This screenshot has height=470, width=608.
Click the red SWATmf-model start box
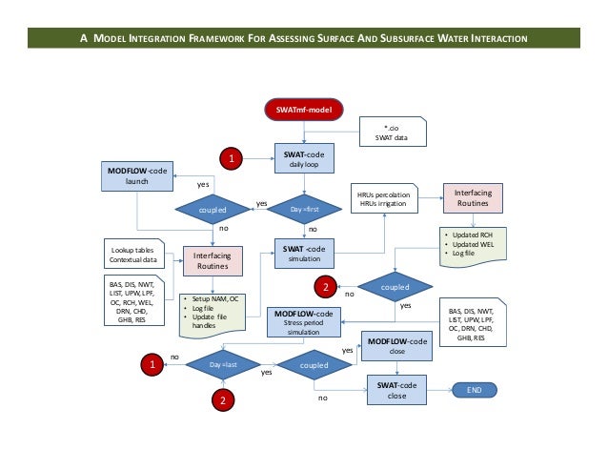pyautogui.click(x=303, y=111)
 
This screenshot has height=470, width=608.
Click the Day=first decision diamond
pyautogui.click(x=304, y=205)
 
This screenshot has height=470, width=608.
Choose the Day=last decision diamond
pyautogui.click(x=221, y=363)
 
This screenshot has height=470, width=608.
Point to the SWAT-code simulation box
pyautogui.click(x=304, y=255)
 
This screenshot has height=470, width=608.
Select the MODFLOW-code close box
pyautogui.click(x=395, y=346)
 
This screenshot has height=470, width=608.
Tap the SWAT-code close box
pyautogui.click(x=395, y=391)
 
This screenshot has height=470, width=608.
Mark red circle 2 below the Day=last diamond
pyautogui.click(x=221, y=400)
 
